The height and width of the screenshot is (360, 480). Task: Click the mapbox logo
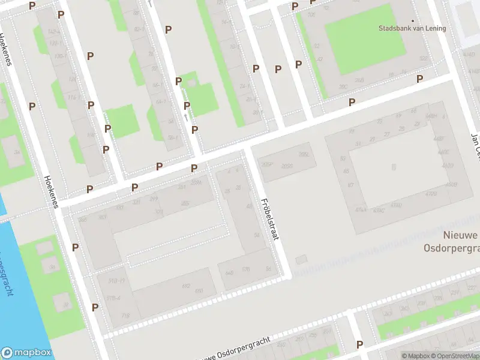[26, 353]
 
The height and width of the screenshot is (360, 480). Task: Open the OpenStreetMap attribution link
[455, 356]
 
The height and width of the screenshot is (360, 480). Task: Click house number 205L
[304, 155]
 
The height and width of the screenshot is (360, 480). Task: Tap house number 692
[186, 286]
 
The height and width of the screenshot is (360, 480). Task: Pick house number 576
[246, 270]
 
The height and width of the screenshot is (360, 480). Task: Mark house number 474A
[360, 209]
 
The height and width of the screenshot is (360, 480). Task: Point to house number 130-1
[59, 56]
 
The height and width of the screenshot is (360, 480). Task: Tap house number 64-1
[160, 102]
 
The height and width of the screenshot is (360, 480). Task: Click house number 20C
[343, 87]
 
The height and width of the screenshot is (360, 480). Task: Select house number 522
[424, 58]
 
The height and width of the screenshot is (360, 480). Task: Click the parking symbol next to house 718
[95, 307]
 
